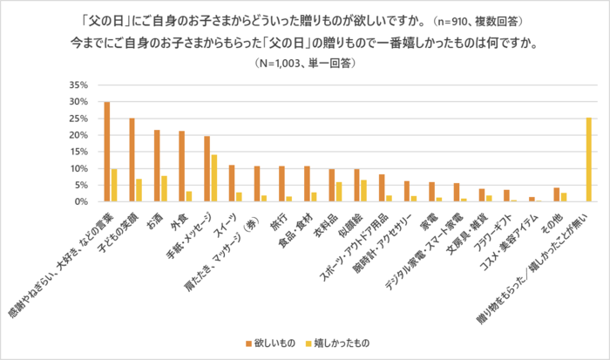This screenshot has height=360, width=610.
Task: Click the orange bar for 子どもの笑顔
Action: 132,160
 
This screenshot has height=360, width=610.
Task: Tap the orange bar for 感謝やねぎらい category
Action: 106,152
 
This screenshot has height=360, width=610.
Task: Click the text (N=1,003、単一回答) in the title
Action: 305,64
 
